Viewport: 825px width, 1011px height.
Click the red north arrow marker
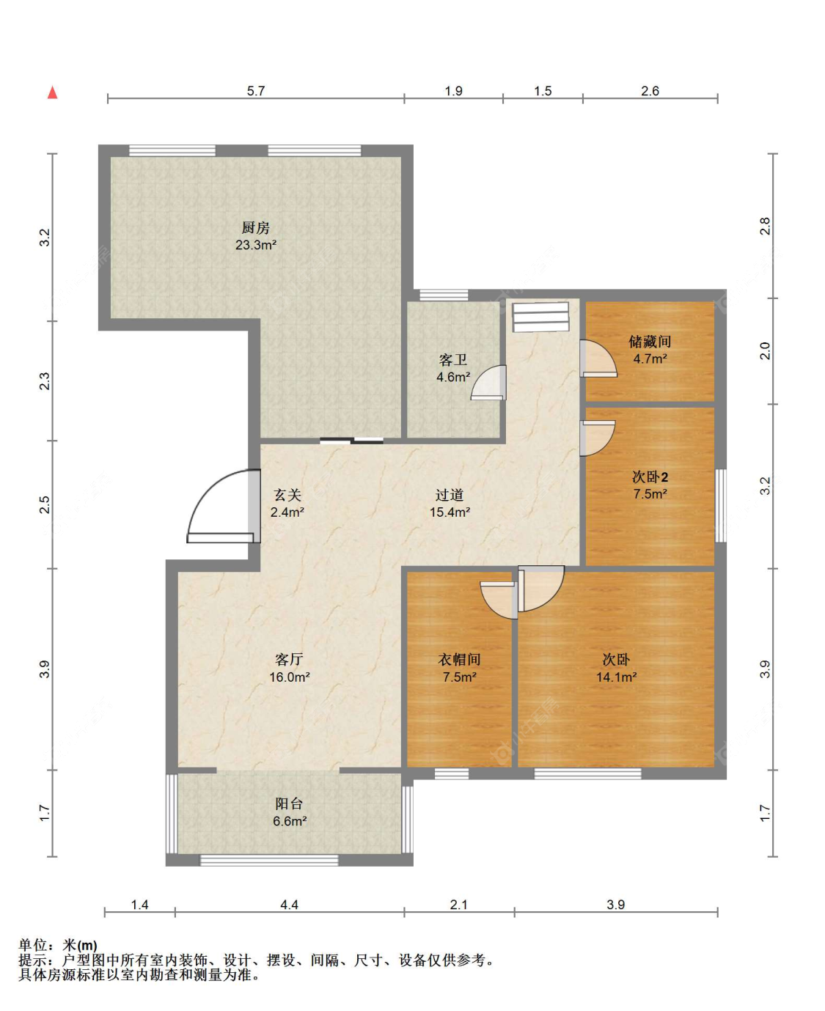click(x=52, y=92)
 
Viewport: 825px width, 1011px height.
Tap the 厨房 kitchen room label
click(x=255, y=227)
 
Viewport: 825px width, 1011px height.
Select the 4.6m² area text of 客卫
click(x=452, y=377)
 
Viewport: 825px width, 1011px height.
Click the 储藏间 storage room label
click(x=650, y=342)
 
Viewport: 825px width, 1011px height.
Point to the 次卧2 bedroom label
click(x=650, y=477)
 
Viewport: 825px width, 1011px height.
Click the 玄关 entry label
click(x=287, y=495)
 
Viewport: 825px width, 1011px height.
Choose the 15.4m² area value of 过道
click(x=450, y=512)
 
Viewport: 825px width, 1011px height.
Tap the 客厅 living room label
click(x=289, y=660)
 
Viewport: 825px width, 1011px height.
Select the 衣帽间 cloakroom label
click(x=459, y=660)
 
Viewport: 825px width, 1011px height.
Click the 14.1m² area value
click(x=616, y=677)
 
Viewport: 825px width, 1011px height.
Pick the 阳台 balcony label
click(x=289, y=804)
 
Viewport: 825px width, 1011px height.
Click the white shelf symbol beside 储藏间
click(x=540, y=317)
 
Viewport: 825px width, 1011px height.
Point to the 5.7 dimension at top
click(x=256, y=91)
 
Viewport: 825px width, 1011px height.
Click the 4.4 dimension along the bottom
click(x=289, y=905)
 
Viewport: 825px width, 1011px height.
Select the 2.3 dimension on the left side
click(x=44, y=381)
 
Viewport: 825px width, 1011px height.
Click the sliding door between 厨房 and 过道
click(x=351, y=441)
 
